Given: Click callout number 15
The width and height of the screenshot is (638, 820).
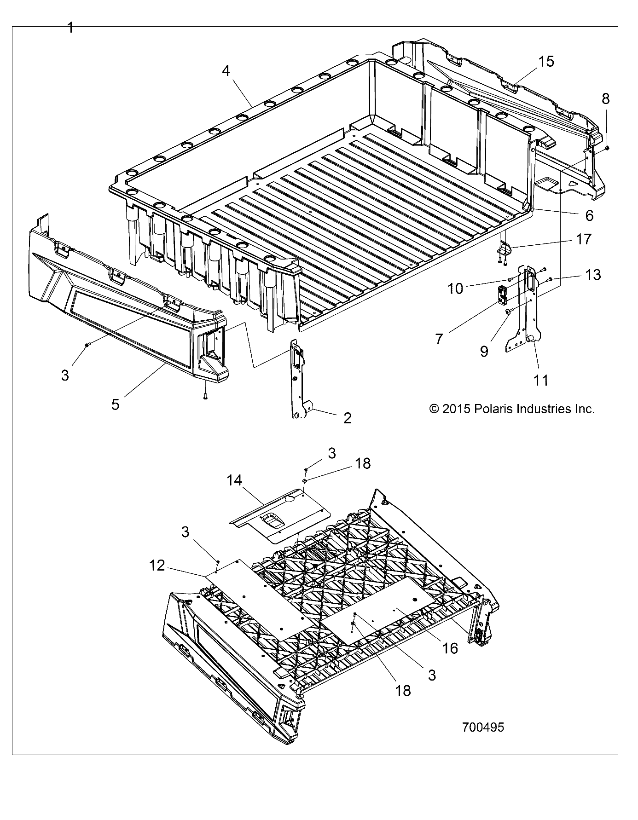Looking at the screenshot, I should [x=546, y=62].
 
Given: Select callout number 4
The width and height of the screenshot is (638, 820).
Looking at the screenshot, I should [x=226, y=70].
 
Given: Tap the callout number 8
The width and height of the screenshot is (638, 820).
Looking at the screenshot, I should [x=606, y=98].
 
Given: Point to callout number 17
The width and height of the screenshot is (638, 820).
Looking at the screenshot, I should [x=583, y=239].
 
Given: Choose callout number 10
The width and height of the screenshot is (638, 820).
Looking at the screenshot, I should [x=455, y=289].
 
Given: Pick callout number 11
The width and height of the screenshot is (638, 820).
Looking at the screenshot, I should [x=541, y=380].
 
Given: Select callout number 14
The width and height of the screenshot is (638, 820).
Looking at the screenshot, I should [x=234, y=480].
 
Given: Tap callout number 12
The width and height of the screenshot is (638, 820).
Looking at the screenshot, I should [x=157, y=565].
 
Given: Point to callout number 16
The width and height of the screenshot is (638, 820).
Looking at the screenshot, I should [x=450, y=648].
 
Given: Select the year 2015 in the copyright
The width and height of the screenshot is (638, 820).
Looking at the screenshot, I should [x=455, y=409].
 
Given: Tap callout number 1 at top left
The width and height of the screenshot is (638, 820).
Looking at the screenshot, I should [x=70, y=29].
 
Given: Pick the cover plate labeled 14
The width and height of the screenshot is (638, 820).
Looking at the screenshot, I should [x=281, y=518].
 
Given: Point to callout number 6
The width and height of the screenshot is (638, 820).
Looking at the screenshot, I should [x=589, y=215].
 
